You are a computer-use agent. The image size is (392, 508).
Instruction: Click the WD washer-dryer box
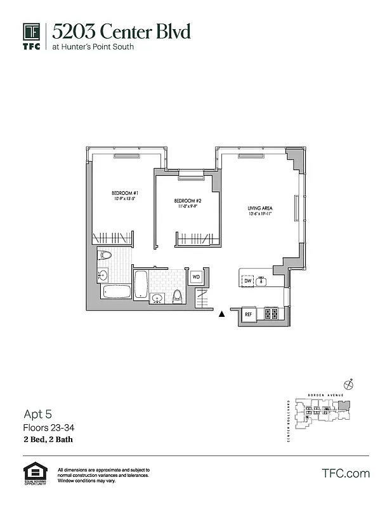pos(196,277)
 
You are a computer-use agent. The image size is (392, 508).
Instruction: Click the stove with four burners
pos(271,313)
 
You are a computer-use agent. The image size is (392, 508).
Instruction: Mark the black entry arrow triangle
pos(221,314)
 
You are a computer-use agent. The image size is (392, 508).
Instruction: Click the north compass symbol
pos(348,384)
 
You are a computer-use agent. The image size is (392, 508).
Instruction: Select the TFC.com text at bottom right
pos(346,473)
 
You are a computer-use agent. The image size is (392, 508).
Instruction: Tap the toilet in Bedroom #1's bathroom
pos(106,256)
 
